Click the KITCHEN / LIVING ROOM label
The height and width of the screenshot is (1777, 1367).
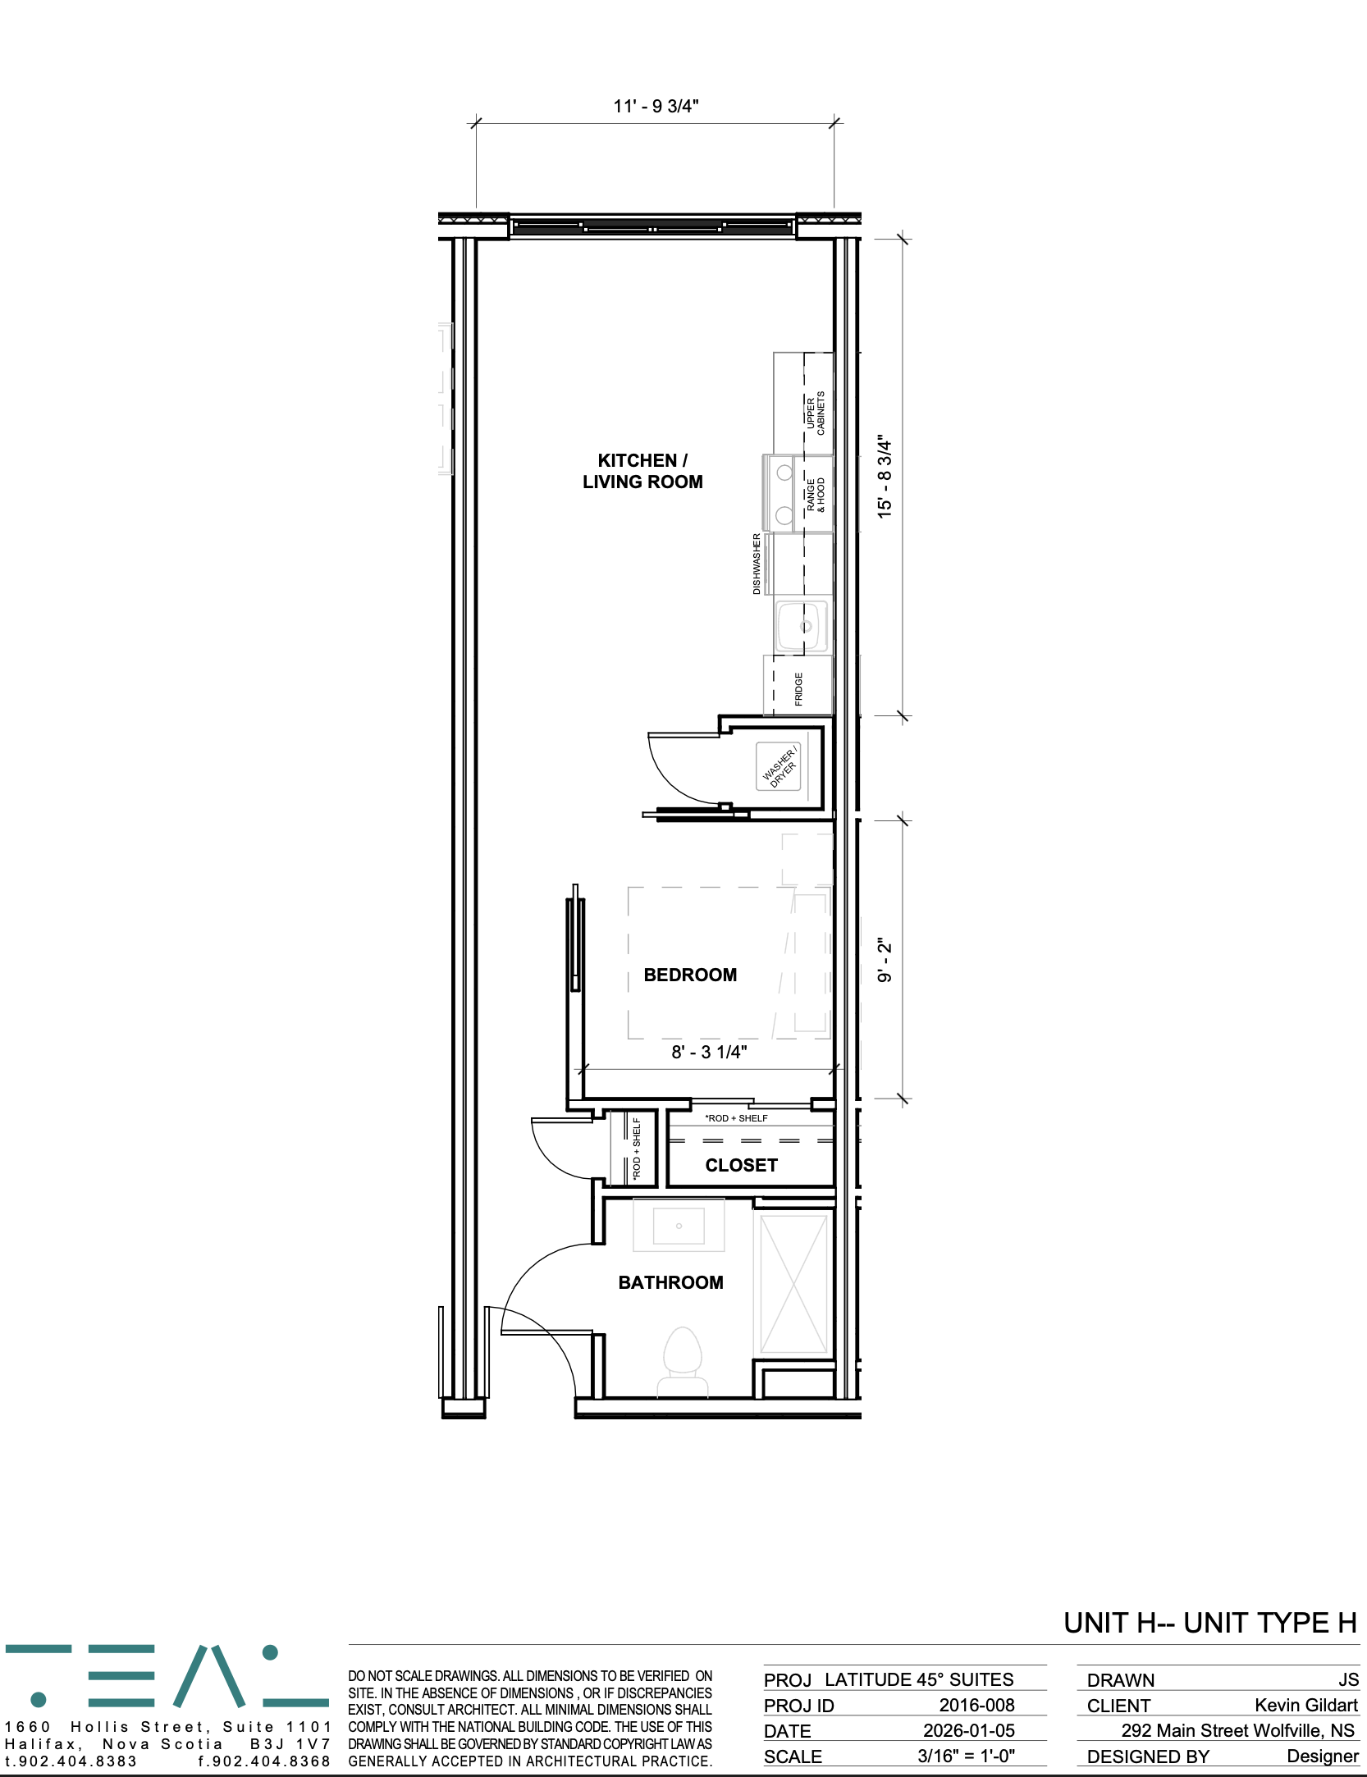(642, 471)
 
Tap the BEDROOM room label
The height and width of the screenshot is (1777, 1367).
(690, 975)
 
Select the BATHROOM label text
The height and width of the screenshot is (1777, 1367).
(670, 1282)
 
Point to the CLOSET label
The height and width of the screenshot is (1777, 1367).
(741, 1165)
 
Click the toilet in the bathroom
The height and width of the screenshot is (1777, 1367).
(682, 1362)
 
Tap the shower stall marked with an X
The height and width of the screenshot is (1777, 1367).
(793, 1285)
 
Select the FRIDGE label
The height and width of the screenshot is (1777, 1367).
(798, 689)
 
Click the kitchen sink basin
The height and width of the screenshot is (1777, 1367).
(802, 626)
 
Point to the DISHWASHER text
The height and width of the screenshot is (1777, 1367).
(757, 564)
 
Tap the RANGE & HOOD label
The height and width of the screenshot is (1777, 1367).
(816, 495)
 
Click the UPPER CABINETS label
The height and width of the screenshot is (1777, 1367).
(816, 413)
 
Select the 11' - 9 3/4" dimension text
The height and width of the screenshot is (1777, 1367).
(656, 106)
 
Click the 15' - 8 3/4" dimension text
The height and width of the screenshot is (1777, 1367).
(884, 476)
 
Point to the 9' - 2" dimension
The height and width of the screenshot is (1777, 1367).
(884, 960)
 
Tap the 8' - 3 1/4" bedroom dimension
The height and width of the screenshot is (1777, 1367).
(709, 1052)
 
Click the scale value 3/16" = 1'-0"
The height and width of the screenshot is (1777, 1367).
(966, 1756)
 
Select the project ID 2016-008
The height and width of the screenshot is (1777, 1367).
(976, 1705)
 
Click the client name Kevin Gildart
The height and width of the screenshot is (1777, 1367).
(1305, 1705)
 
